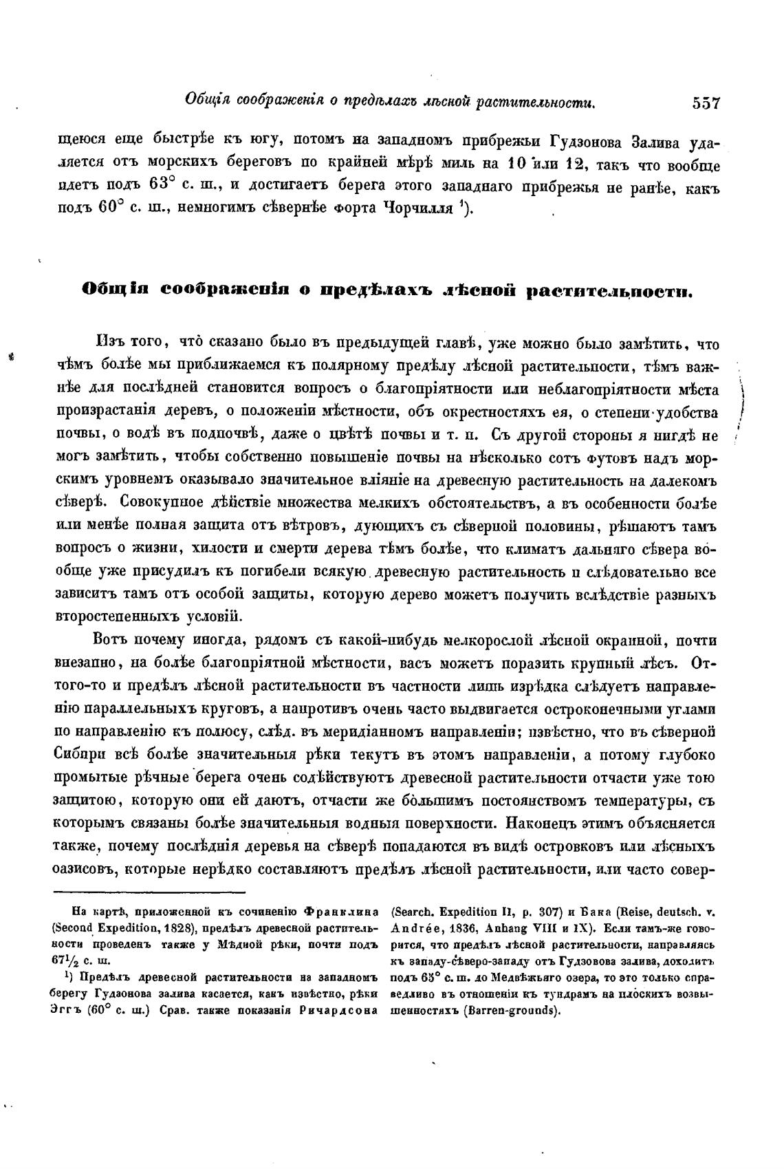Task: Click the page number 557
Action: (x=706, y=104)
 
